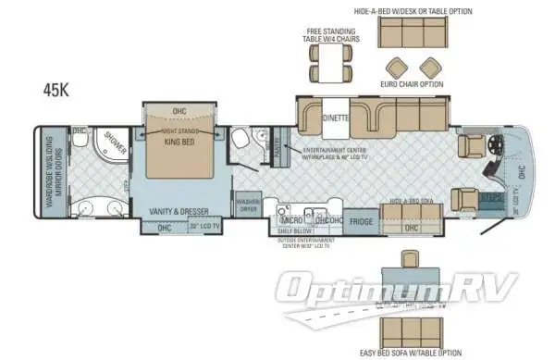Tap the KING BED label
pos(179,143)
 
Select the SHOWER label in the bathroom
pos(116,140)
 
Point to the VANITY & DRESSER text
pos(179,212)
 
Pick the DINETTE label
pos(336,119)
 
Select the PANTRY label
pos(271,145)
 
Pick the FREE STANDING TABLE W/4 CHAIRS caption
pos(327,35)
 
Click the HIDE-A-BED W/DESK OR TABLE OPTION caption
pos(413,12)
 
